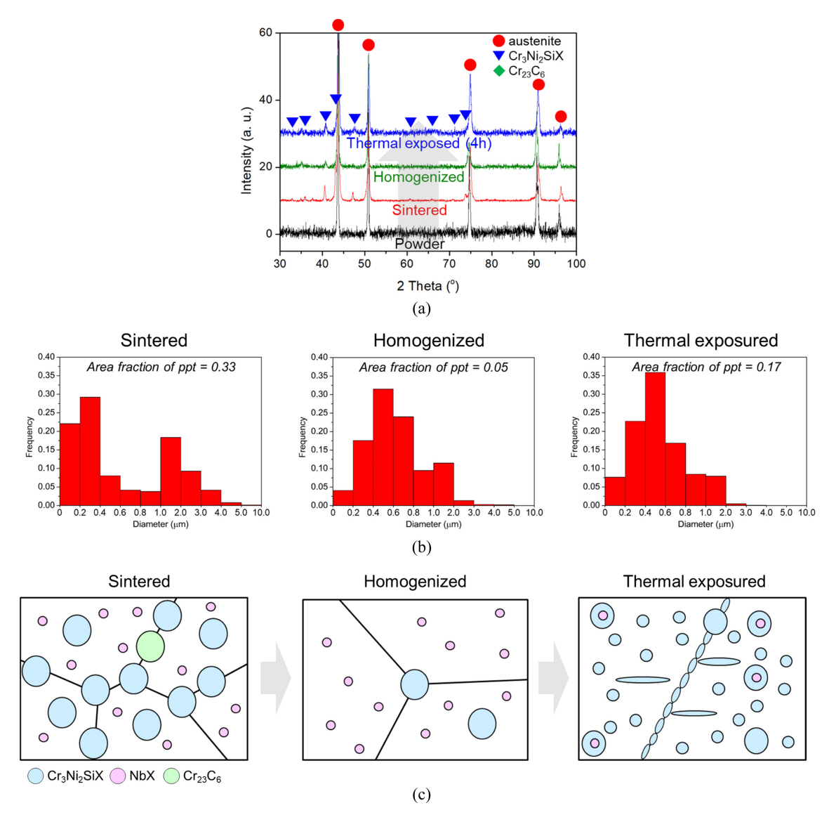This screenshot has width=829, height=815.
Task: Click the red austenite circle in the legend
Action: click(x=498, y=41)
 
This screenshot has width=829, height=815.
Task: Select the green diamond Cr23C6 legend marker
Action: click(x=499, y=71)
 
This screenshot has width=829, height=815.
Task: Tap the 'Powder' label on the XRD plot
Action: click(x=420, y=244)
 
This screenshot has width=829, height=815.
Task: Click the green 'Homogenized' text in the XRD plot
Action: click(x=418, y=177)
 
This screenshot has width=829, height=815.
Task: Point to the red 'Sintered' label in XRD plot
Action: click(x=419, y=210)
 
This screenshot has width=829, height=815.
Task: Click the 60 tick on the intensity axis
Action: click(x=265, y=32)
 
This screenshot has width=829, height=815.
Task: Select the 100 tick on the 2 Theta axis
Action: click(x=576, y=263)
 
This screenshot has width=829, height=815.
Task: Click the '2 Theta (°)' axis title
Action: click(x=427, y=286)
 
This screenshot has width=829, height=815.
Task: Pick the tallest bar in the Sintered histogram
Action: click(x=90, y=450)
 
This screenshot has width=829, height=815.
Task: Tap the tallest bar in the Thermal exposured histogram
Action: click(x=655, y=438)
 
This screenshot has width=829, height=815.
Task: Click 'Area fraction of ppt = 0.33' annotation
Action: click(x=161, y=367)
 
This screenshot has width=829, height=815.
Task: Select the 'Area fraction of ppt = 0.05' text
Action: click(x=433, y=367)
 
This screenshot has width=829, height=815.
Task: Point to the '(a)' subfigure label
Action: click(x=421, y=308)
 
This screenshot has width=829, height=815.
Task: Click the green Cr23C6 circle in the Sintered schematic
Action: click(x=150, y=646)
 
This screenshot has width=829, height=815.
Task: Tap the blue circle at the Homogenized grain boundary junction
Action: click(x=415, y=684)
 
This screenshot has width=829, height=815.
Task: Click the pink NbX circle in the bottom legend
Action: click(x=118, y=776)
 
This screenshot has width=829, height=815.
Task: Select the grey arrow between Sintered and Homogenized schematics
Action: click(x=275, y=678)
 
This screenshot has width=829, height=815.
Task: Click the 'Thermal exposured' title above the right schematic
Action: click(x=694, y=582)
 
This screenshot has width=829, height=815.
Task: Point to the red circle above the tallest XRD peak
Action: click(x=338, y=25)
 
